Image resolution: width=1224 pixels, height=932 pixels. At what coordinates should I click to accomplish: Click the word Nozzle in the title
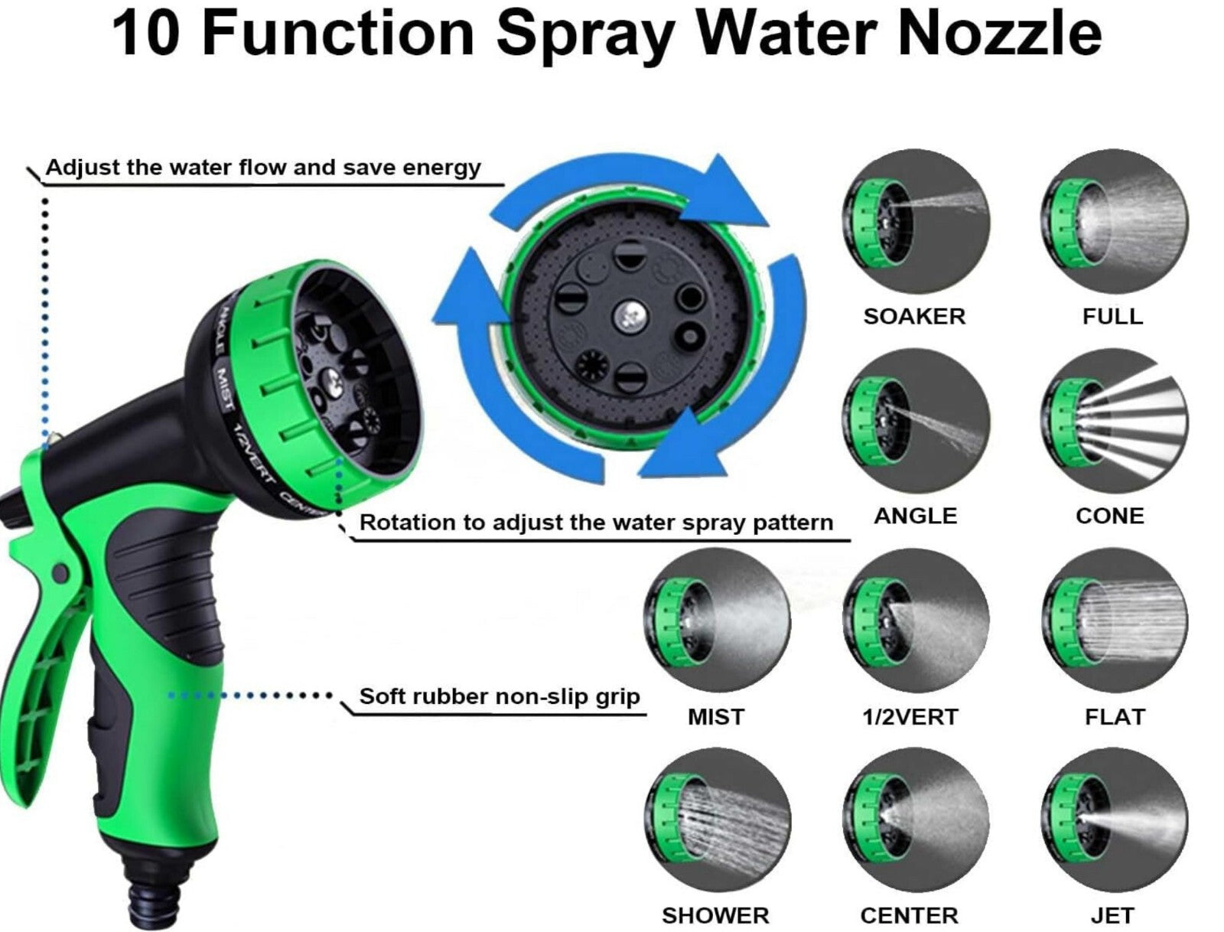[x=999, y=34]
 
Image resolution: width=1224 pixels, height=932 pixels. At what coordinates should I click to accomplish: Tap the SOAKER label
[x=914, y=316]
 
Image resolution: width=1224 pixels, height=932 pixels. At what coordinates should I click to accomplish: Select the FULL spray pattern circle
[x=1114, y=221]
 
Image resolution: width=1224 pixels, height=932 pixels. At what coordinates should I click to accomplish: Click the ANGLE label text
[x=915, y=516]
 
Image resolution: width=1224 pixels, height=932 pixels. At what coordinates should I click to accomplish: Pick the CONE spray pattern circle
[x=1114, y=421]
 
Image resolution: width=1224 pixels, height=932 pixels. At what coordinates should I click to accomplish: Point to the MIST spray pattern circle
[x=717, y=621]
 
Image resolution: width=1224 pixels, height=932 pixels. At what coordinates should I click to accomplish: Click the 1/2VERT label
[x=910, y=717]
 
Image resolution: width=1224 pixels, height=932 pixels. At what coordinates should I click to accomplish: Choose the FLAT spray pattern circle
[x=1114, y=621]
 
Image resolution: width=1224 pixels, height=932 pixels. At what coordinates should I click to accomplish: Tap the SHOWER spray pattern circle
[x=717, y=820]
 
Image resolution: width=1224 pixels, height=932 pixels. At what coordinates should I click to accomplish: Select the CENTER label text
[x=910, y=916]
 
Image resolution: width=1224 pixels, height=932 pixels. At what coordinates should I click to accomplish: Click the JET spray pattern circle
[x=1114, y=820]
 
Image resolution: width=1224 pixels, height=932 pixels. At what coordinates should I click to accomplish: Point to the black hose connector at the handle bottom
[x=152, y=892]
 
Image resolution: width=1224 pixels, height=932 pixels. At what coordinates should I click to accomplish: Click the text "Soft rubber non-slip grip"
[x=499, y=697]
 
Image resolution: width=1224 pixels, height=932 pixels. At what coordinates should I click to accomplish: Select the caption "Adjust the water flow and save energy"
[x=263, y=168]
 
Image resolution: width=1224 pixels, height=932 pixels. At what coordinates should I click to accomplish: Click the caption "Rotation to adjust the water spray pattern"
[x=596, y=523]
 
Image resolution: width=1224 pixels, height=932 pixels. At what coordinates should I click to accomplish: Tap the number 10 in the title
[x=147, y=34]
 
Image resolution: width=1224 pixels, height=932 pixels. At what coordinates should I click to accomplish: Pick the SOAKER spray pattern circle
[x=916, y=221]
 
